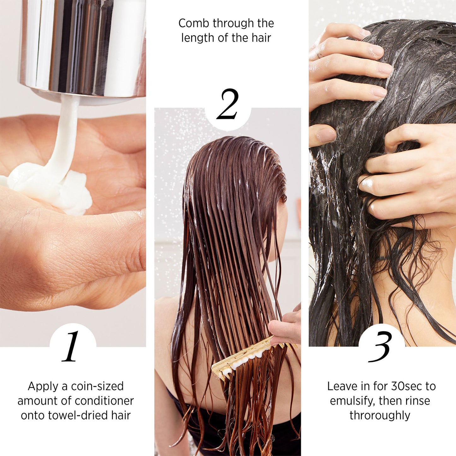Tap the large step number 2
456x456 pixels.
click(x=228, y=104)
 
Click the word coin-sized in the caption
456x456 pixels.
click(x=97, y=386)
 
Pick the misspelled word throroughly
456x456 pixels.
click(x=380, y=415)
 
